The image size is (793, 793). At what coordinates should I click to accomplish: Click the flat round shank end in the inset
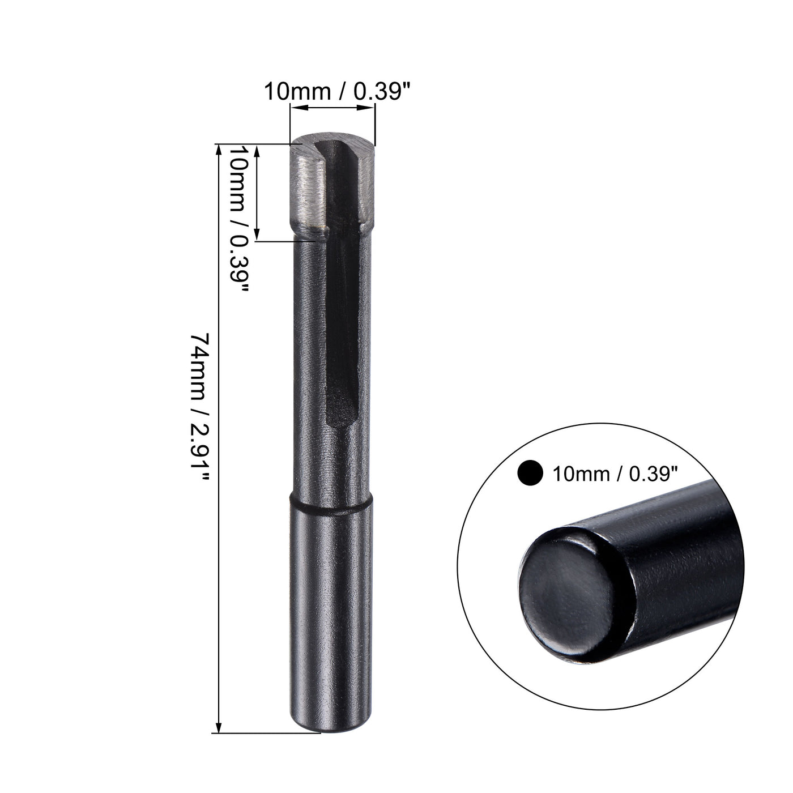pos(566,595)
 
